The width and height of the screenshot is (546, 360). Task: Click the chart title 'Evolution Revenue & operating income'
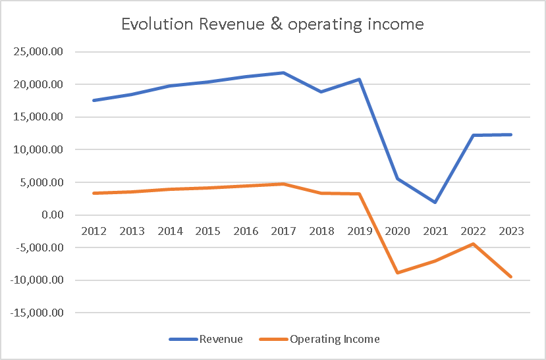coord(273,25)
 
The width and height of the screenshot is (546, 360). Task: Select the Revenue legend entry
coord(205,340)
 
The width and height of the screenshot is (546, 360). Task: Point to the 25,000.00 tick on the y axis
coord(38,52)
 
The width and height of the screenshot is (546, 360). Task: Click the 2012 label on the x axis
coord(94,231)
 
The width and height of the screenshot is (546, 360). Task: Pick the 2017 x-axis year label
coord(283,231)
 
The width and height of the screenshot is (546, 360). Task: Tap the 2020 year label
coord(397,231)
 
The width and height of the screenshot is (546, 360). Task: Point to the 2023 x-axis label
coord(511,231)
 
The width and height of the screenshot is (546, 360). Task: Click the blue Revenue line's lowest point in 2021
coord(435,202)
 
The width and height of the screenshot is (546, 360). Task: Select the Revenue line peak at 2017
coord(283,72)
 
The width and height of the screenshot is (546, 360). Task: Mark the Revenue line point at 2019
coord(359,80)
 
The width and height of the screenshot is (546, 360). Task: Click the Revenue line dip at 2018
coord(321,91)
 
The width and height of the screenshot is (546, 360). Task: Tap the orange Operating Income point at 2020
coord(397,272)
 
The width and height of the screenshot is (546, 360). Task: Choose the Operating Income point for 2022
coord(473,244)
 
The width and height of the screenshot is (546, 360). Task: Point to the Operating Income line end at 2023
coord(511,277)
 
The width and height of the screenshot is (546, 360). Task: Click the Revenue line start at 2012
coord(94,101)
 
